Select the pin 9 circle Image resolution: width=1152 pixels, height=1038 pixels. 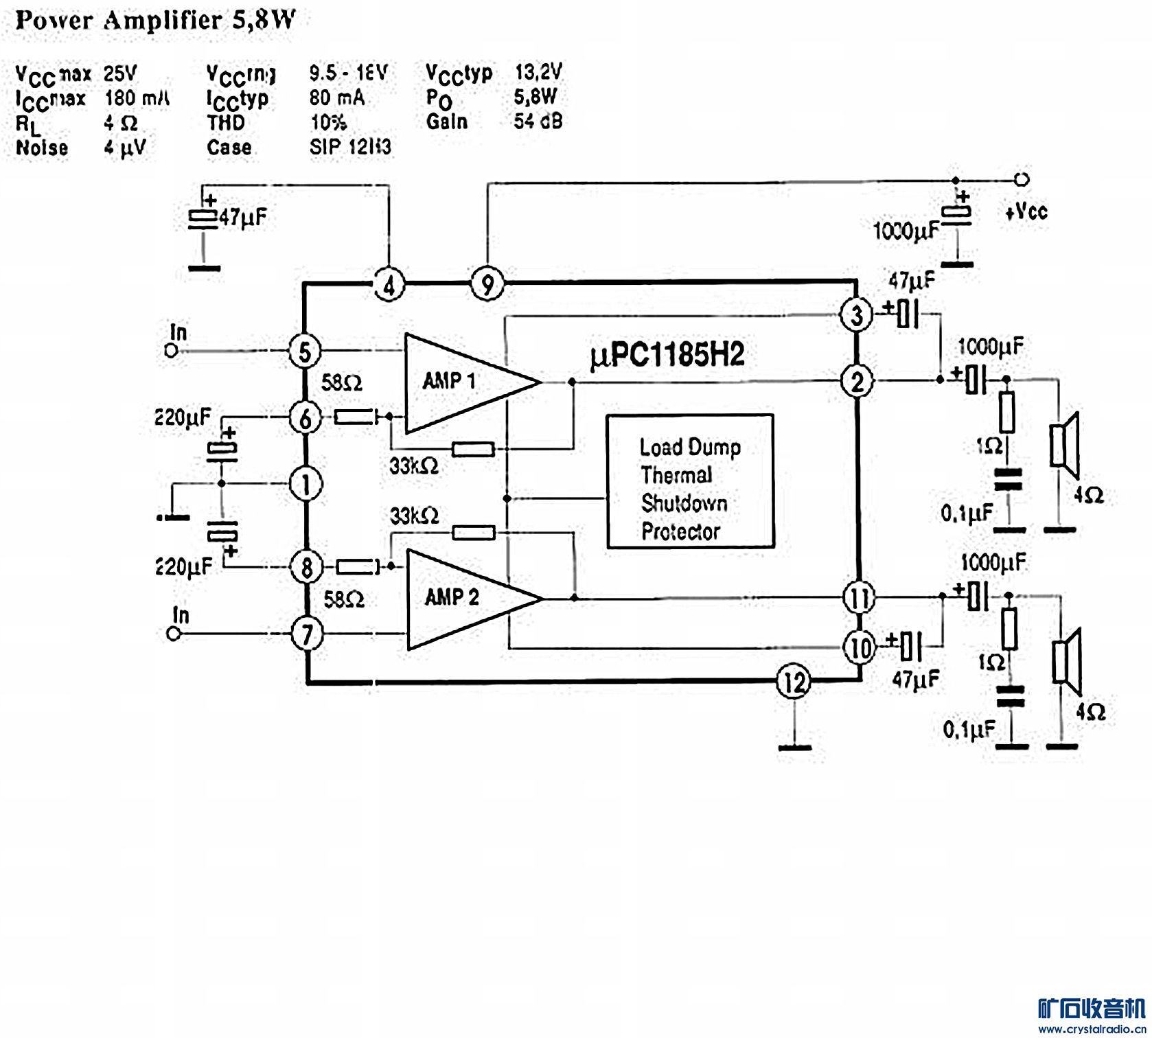(487, 284)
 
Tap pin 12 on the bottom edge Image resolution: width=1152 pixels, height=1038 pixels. (794, 682)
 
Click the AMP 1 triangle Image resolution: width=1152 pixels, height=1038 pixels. (460, 382)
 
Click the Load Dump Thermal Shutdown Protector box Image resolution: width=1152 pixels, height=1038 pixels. (690, 481)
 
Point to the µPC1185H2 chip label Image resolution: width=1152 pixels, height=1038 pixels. (667, 355)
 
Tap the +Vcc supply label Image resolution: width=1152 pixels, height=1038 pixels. (1026, 211)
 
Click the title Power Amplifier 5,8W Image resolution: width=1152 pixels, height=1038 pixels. (155, 21)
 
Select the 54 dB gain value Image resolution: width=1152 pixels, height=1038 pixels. (538, 122)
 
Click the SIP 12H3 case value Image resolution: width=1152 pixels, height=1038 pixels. (350, 147)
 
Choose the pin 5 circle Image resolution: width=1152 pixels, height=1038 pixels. (305, 351)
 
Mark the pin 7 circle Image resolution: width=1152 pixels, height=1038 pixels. (307, 633)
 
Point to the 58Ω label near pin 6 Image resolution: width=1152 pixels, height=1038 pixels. (341, 382)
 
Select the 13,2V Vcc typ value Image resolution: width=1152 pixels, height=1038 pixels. (538, 71)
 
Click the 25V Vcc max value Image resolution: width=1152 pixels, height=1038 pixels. (120, 73)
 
